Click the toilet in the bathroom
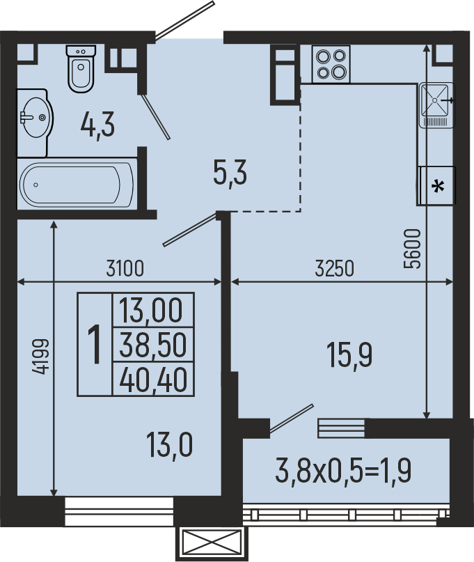pyautogui.click(x=81, y=68)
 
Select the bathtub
pyautogui.click(x=77, y=185)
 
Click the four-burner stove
pyautogui.click(x=331, y=64)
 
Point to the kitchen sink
pyautogui.click(x=436, y=104)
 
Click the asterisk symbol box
pyautogui.click(x=437, y=186)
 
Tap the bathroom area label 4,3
pyautogui.click(x=97, y=125)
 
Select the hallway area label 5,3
pyautogui.click(x=230, y=172)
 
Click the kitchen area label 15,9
pyautogui.click(x=349, y=355)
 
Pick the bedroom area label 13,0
pyautogui.click(x=169, y=444)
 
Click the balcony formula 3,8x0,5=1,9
pyautogui.click(x=343, y=471)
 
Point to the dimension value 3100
pyautogui.click(x=125, y=268)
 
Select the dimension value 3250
pyautogui.click(x=335, y=268)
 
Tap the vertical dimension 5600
pyautogui.click(x=411, y=249)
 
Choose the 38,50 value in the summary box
pyautogui.click(x=153, y=345)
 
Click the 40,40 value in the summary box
pyautogui.click(x=153, y=380)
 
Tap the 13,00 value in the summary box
pyautogui.click(x=151, y=311)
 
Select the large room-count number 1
pyautogui.click(x=95, y=344)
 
